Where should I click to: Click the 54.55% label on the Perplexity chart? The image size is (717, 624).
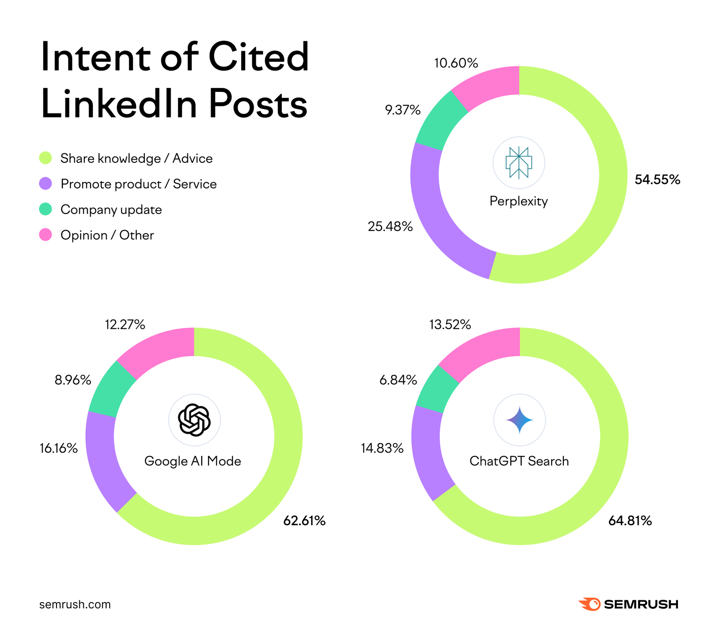(x=657, y=180)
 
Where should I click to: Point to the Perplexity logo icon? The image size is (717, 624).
(x=518, y=162)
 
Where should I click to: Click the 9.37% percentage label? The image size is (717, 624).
(x=402, y=110)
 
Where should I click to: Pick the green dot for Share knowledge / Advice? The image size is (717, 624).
(x=46, y=158)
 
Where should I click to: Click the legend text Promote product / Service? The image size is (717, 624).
(x=138, y=184)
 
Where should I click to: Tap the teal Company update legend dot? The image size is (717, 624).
(x=46, y=209)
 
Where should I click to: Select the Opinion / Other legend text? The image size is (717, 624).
(x=107, y=235)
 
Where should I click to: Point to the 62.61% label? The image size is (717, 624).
(x=304, y=521)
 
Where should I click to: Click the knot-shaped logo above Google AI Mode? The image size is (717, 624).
(x=194, y=420)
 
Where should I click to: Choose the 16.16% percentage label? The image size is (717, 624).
(x=59, y=448)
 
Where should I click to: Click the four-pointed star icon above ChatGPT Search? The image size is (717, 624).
(x=519, y=420)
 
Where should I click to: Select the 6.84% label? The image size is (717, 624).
(x=398, y=380)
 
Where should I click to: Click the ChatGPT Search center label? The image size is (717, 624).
(x=519, y=461)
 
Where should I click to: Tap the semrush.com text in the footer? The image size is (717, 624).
(x=75, y=604)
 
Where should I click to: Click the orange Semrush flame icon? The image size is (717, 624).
(x=589, y=604)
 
